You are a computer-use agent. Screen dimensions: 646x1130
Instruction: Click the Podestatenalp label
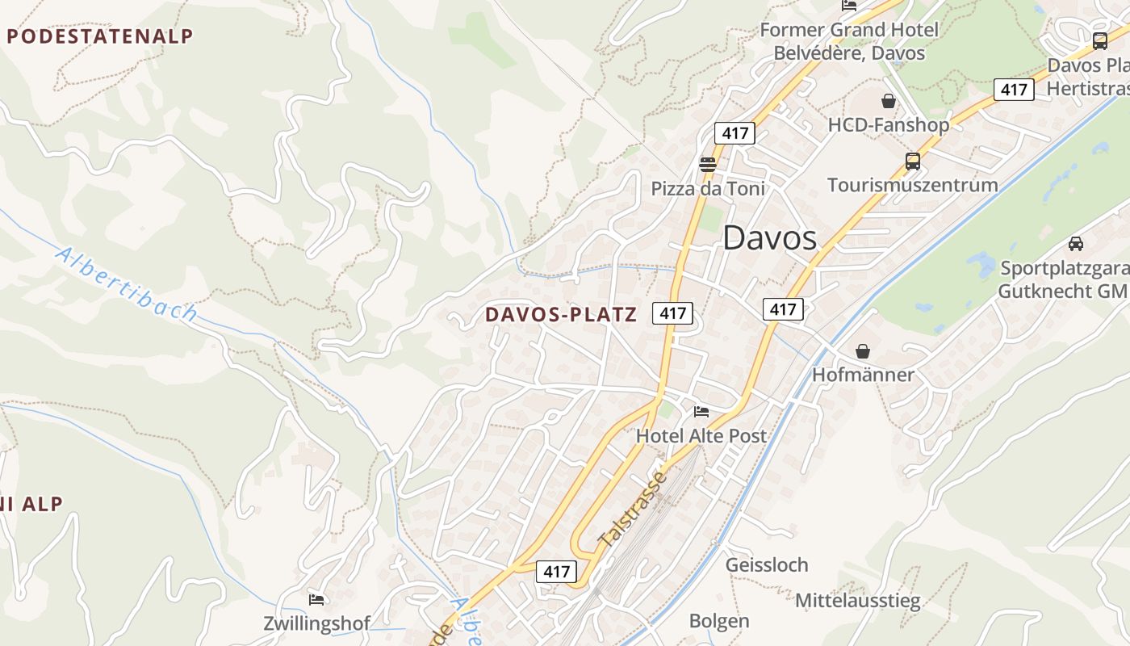coord(100,36)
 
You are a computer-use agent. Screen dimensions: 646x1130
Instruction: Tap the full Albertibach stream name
coord(126,284)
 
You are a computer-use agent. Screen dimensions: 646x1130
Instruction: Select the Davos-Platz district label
coord(561,315)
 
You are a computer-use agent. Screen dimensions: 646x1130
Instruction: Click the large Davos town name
coord(769,238)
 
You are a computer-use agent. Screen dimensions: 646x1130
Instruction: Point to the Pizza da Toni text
coord(708,189)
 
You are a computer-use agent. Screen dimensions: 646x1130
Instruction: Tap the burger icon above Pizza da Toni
coord(708,165)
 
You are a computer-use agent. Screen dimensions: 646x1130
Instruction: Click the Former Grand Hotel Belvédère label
coord(848,42)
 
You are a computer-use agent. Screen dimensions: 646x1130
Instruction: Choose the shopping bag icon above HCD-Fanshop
coord(889,101)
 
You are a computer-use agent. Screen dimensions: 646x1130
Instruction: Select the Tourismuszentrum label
coord(912,185)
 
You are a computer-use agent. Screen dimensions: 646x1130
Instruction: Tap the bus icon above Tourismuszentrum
coord(913,161)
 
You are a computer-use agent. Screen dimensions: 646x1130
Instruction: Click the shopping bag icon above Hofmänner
coord(863,351)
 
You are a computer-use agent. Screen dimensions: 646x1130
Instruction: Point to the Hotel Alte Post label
coord(701,436)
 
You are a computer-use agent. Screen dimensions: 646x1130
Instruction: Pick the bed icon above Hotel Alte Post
coord(701,412)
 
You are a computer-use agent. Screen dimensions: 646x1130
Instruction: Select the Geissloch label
coord(767,564)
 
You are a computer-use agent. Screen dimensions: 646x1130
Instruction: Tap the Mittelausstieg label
coord(857,601)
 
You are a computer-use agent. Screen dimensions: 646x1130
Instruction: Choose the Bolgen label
coord(719,621)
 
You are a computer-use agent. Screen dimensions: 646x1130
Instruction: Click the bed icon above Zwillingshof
coord(316,599)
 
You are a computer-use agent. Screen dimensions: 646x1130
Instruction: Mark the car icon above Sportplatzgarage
coord(1075,243)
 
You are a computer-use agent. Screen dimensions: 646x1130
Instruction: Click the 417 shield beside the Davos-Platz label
coord(673,313)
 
